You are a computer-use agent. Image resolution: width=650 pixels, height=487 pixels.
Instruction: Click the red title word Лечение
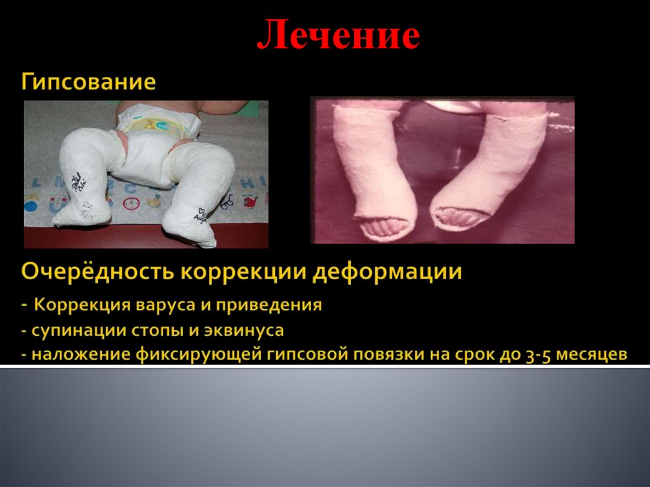point(338,36)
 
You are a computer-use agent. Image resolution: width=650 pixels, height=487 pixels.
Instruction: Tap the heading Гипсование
point(89,83)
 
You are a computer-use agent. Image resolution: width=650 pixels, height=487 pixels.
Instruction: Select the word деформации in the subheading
point(390,273)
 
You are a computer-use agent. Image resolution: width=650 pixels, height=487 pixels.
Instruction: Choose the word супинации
point(70,330)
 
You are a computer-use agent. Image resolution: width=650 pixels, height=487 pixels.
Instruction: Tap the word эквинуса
point(248,331)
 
